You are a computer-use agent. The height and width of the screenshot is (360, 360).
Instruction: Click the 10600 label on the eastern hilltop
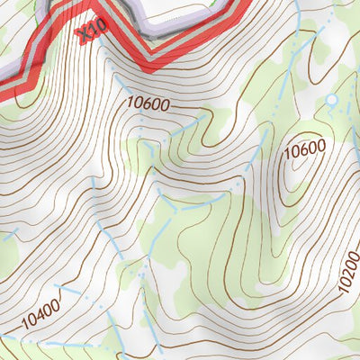[x=303, y=152]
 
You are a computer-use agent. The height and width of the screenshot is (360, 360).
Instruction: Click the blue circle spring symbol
[x=330, y=99]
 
